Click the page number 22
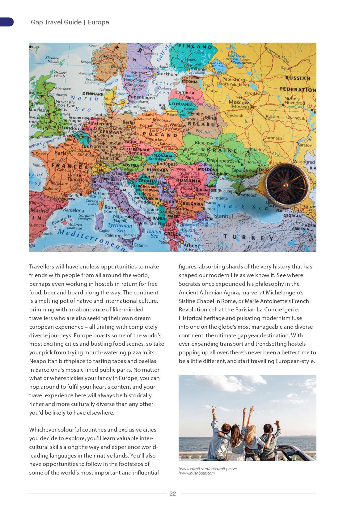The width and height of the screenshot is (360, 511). coord(172,493)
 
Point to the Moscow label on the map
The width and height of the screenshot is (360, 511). coord(239,102)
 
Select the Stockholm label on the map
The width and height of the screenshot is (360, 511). coord(167,74)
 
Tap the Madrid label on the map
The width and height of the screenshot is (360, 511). coord(39,211)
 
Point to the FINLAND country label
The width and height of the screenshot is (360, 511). coord(195,47)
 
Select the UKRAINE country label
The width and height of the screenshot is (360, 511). coord(219,150)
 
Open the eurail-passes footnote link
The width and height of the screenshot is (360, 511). coord(209,469)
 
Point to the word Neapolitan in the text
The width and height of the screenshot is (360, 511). coord(44,361)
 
